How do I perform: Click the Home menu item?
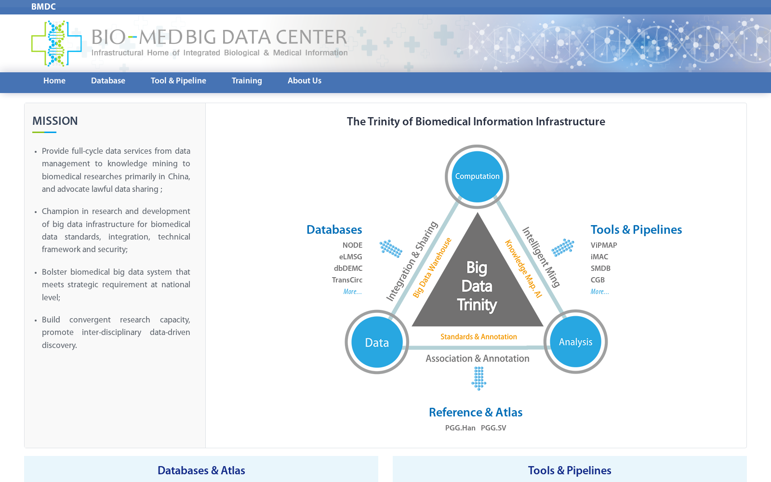54,80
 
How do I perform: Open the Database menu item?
108,80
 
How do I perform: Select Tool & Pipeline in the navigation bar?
178,80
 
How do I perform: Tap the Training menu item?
247,81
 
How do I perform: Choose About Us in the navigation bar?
305,80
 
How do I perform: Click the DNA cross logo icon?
56,43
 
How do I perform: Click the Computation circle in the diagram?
477,176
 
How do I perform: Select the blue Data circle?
377,342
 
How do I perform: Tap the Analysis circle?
575,342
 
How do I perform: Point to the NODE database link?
352,245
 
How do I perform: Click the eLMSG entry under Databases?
350,257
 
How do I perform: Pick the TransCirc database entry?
347,280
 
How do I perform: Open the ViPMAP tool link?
604,245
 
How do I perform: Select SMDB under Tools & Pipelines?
600,268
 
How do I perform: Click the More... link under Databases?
352,292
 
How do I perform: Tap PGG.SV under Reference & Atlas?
493,428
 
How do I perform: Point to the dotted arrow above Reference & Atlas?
479,378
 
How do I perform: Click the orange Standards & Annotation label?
479,337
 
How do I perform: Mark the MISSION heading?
55,121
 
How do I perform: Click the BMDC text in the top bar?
43,7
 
